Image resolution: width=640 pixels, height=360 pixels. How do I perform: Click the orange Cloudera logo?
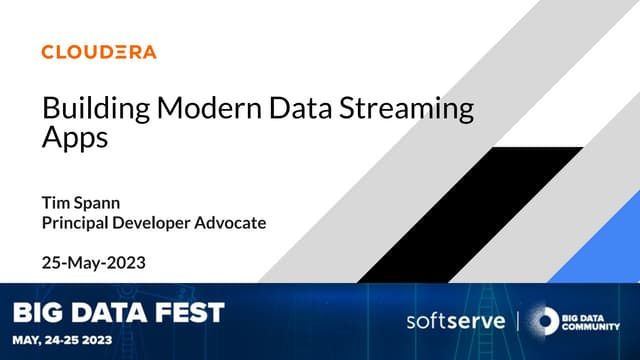[x=99, y=52]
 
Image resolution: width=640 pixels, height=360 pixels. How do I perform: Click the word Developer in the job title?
[x=148, y=222]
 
